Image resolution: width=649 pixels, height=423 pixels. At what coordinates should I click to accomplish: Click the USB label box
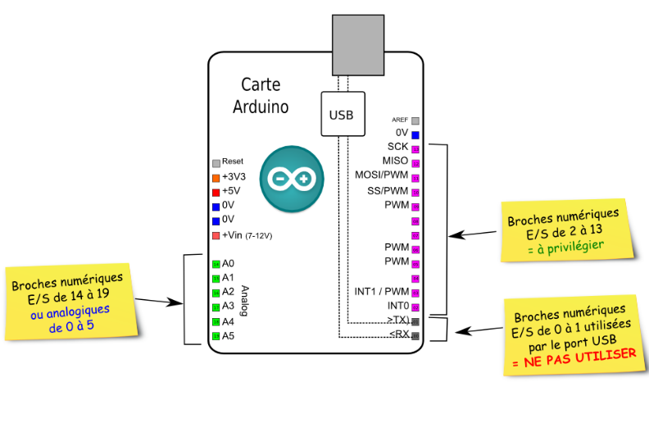342,115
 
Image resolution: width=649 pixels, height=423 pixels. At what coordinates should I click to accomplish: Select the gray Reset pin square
216,162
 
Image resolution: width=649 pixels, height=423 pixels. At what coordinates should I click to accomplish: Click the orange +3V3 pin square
216,177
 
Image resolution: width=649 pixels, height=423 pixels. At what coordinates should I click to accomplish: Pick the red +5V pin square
216,192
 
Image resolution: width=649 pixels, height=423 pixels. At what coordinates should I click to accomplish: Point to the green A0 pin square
216,264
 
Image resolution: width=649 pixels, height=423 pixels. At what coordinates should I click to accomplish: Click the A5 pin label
229,335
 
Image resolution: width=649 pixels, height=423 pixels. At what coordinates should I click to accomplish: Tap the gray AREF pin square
415,121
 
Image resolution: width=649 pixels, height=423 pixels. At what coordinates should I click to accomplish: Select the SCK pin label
398,147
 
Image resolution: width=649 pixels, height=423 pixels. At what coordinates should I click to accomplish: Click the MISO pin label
395,161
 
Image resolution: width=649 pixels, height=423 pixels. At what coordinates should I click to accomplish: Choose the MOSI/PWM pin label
382,175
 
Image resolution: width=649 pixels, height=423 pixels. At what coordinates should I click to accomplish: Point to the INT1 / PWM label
382,291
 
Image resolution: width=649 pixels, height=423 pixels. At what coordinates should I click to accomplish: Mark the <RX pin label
399,334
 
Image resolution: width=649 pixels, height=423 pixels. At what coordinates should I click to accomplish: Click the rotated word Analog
243,300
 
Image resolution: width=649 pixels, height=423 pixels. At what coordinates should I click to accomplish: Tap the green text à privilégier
565,245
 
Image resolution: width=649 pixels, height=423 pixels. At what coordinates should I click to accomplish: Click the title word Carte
261,85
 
